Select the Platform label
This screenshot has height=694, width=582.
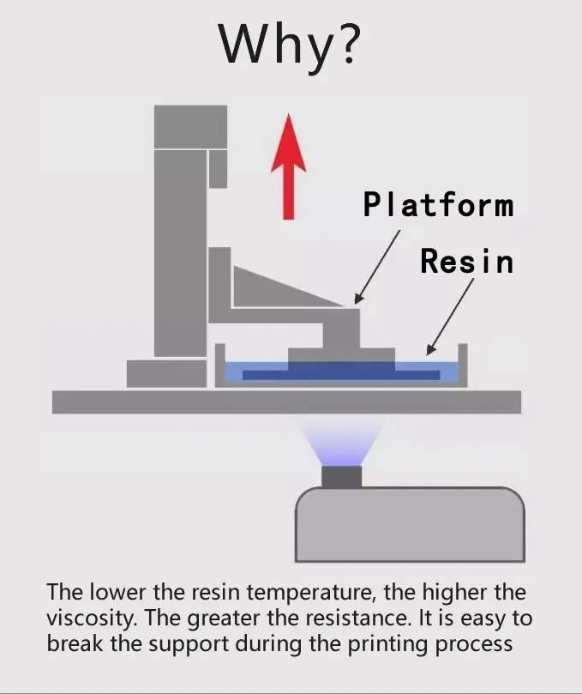pyautogui.click(x=438, y=205)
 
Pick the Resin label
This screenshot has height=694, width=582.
pyautogui.click(x=466, y=260)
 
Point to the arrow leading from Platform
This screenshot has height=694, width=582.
pyautogui.click(x=378, y=265)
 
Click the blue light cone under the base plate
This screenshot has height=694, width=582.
pyautogui.click(x=341, y=442)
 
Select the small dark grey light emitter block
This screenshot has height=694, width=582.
pyautogui.click(x=341, y=477)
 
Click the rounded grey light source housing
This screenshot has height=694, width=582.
pyautogui.click(x=410, y=524)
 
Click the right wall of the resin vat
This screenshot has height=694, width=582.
pyautogui.click(x=463, y=365)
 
